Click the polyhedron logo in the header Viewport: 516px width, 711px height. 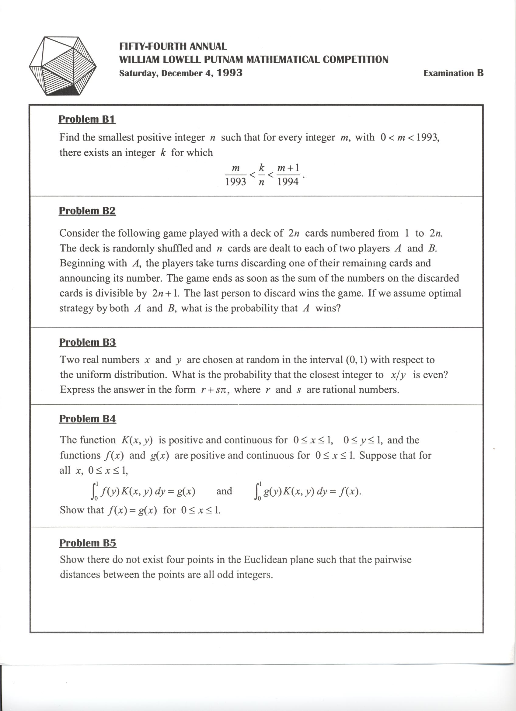tap(62, 66)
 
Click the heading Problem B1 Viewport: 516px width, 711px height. tap(87, 120)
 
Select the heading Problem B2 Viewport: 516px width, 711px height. tap(87, 211)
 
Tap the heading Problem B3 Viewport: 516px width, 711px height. tap(88, 342)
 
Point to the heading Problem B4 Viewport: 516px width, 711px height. tap(88, 419)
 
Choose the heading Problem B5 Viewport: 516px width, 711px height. tap(88, 543)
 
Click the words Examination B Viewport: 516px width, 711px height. tap(453, 73)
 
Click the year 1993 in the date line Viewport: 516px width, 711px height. tap(230, 73)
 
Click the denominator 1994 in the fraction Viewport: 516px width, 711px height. tap(288, 182)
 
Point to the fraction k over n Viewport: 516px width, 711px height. tap(261, 175)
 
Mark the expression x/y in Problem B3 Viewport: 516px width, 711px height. tap(398, 375)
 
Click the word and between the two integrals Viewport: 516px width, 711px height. tap(224, 491)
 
